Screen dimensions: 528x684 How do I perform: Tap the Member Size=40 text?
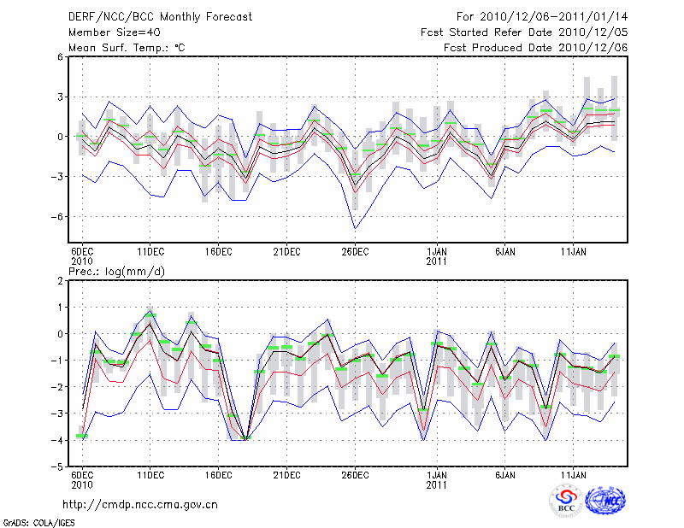click(108, 32)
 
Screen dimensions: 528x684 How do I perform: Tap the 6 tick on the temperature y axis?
click(61, 56)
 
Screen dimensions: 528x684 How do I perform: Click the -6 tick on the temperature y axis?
click(58, 216)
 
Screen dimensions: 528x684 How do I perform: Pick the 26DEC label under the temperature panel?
click(355, 252)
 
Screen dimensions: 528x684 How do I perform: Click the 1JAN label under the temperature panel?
click(438, 252)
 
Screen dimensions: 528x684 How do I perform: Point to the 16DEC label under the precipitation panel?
click(218, 474)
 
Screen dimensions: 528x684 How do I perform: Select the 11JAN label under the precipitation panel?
click(573, 474)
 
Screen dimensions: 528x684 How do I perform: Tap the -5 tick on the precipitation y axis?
click(58, 467)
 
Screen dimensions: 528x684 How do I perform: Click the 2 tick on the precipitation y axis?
click(61, 280)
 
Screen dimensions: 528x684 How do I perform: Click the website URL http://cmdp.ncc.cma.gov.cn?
click(140, 504)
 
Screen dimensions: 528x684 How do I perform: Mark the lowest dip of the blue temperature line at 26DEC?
click(355, 228)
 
